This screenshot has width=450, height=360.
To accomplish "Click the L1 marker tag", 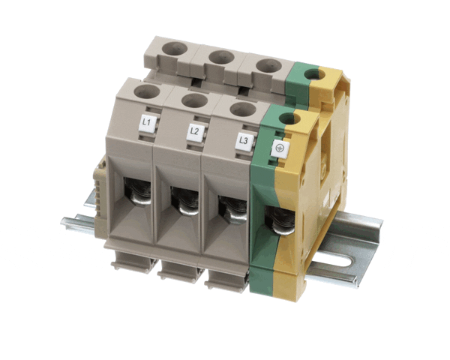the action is pos(148,123).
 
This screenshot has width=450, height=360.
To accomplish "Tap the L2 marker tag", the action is pos(196,132).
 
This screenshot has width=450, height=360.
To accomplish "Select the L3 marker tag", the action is pos(244,141).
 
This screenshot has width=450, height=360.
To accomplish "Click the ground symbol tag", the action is pos(280,148).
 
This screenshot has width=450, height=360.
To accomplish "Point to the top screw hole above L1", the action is pos(147,91).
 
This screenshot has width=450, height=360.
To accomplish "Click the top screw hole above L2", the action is pos(194,101).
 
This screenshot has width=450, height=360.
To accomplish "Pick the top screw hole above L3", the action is pos(243,109).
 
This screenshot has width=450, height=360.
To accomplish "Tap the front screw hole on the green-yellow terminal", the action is pos(289,118).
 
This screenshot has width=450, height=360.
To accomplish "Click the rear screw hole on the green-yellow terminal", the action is pos(314,74).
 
